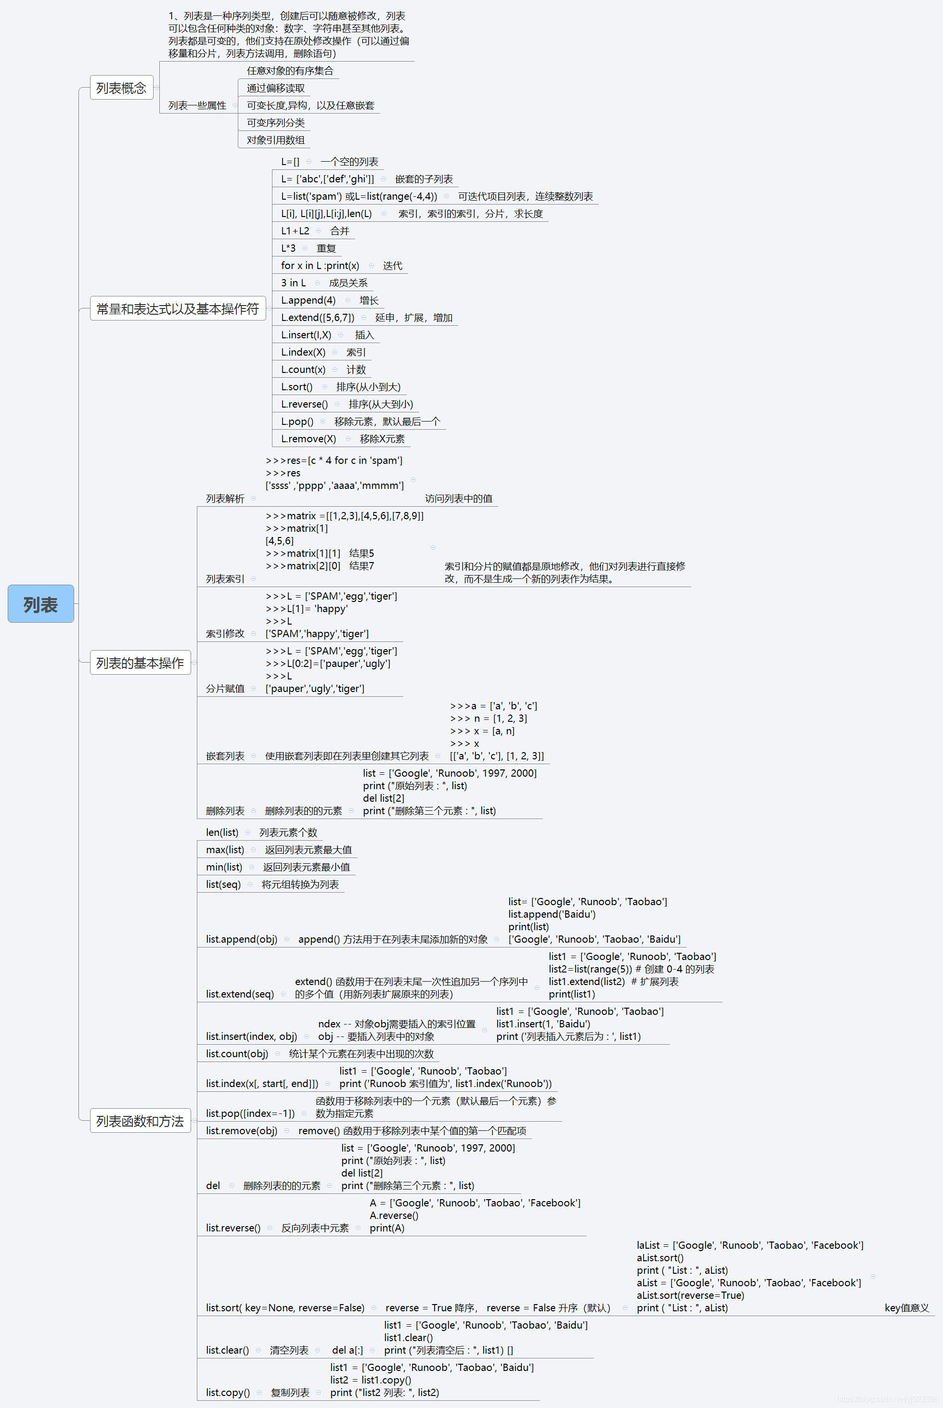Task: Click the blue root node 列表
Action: [x=41, y=603]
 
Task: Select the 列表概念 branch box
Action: [x=121, y=88]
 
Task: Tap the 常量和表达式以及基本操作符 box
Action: [x=178, y=308]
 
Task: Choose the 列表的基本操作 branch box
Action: [x=140, y=663]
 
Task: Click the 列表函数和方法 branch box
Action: [x=140, y=1121]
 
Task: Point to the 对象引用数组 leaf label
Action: [x=275, y=140]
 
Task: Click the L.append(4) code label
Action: [x=308, y=300]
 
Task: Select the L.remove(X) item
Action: [x=308, y=439]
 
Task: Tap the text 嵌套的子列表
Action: [x=424, y=179]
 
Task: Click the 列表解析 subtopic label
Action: [x=225, y=499]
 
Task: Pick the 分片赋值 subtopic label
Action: [x=225, y=689]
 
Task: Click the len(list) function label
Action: [x=222, y=832]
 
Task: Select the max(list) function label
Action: [x=225, y=849]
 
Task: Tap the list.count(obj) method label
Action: [x=237, y=1053]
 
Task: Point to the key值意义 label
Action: [x=907, y=1307]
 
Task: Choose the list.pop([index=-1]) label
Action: [x=250, y=1114]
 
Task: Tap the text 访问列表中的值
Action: [x=458, y=499]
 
